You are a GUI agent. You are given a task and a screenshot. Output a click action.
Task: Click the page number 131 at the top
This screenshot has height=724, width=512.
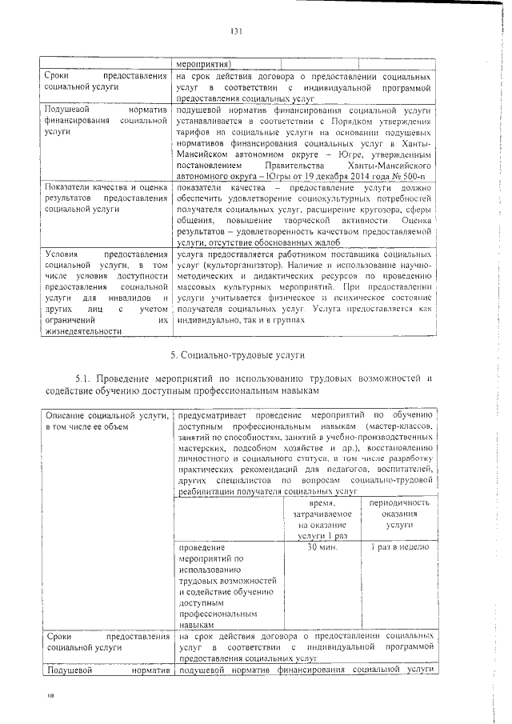pyautogui.click(x=236, y=31)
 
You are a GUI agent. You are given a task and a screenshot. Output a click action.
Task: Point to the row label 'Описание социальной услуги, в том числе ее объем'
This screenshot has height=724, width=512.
pyautogui.click(x=106, y=421)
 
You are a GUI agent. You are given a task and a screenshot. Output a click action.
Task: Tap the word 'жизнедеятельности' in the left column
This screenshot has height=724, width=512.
pyautogui.click(x=84, y=330)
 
